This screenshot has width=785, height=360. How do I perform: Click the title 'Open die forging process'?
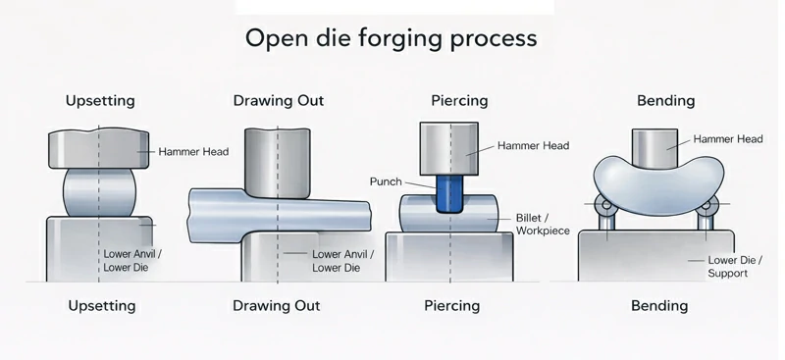(391, 38)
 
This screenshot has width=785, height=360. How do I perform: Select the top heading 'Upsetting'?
(100, 100)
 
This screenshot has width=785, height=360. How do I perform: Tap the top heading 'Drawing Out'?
(279, 100)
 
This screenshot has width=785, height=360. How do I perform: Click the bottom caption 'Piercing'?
(451, 305)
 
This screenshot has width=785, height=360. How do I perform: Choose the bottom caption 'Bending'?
(659, 305)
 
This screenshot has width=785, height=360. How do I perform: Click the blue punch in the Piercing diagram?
(448, 192)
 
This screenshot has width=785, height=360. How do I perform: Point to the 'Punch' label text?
(387, 181)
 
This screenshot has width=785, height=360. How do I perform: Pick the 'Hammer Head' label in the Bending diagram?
(728, 139)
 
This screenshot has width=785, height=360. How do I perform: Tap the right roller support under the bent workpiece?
(706, 208)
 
